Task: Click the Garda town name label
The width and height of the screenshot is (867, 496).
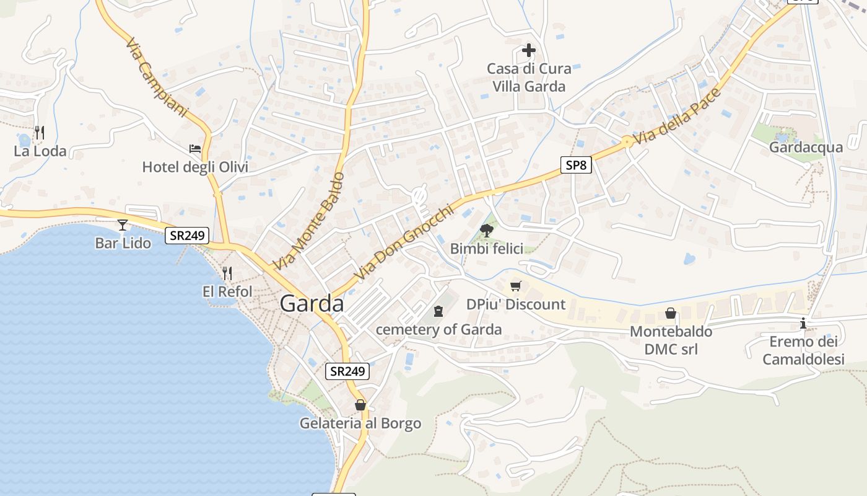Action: (x=312, y=304)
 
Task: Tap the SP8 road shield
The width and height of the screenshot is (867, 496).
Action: (x=577, y=165)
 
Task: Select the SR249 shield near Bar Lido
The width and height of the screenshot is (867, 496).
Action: (x=187, y=236)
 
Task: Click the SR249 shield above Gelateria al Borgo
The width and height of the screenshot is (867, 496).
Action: (x=347, y=371)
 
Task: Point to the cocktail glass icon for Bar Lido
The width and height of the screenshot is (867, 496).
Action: (x=123, y=224)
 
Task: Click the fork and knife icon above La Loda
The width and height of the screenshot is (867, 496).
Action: (x=40, y=132)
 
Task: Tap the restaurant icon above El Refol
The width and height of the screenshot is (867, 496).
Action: (x=227, y=273)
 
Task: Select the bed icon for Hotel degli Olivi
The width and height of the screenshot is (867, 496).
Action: (x=195, y=149)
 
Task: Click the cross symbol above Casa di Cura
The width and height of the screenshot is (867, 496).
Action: (x=529, y=50)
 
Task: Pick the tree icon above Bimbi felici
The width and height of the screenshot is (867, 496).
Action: (x=487, y=231)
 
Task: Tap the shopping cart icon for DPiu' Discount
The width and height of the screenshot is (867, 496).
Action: (x=516, y=286)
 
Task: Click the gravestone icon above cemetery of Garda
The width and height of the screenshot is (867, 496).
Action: (x=439, y=311)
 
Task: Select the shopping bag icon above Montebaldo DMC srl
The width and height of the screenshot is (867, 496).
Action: (x=670, y=313)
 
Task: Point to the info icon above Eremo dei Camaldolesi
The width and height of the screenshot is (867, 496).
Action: (x=803, y=323)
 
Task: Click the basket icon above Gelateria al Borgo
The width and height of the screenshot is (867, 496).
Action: (x=360, y=405)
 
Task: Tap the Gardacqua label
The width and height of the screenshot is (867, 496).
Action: (x=806, y=148)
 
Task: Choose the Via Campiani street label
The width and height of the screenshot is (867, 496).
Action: (x=156, y=78)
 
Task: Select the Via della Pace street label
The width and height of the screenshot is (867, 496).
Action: (x=677, y=117)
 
